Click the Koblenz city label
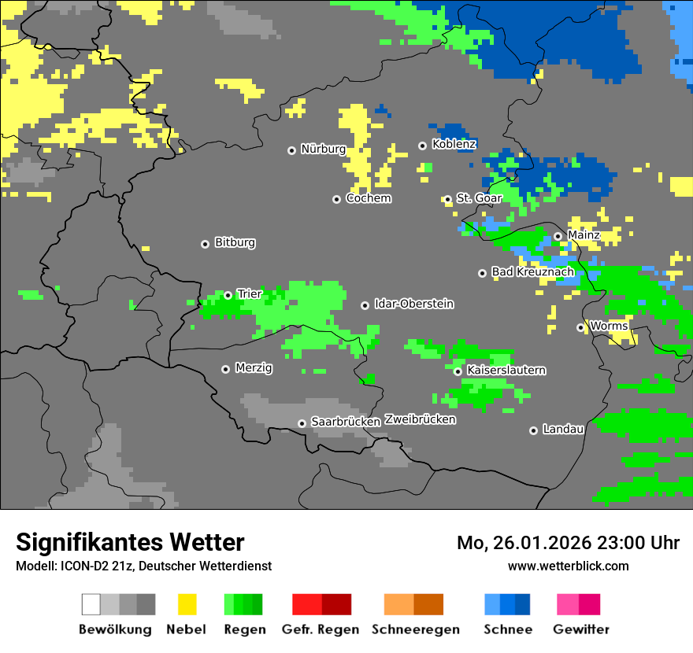(454, 144)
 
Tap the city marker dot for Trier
(228, 295)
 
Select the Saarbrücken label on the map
(346, 422)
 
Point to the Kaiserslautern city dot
(458, 371)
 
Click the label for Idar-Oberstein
(414, 304)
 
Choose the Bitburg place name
(235, 242)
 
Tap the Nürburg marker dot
(291, 150)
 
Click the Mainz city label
(584, 234)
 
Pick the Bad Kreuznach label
(532, 271)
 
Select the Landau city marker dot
(533, 430)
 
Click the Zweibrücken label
(420, 419)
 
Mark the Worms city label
(609, 326)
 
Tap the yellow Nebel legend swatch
(187, 604)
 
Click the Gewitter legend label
(580, 629)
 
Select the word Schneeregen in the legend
(415, 629)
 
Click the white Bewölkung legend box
(91, 604)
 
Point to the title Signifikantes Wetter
(130, 542)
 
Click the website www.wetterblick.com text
(568, 566)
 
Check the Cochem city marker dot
(336, 199)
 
